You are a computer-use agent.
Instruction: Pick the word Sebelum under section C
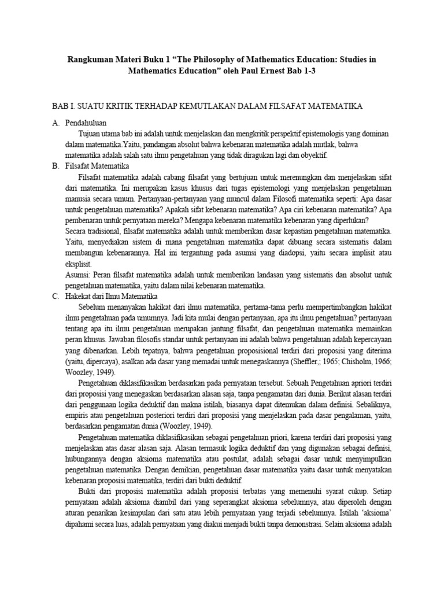coord(93,308)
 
